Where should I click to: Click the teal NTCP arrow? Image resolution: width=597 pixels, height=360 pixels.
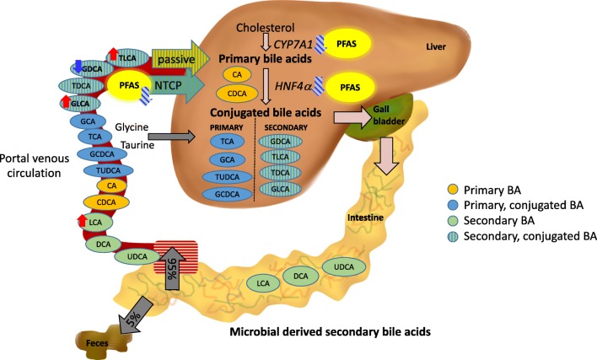pyautogui.click(x=168, y=85)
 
